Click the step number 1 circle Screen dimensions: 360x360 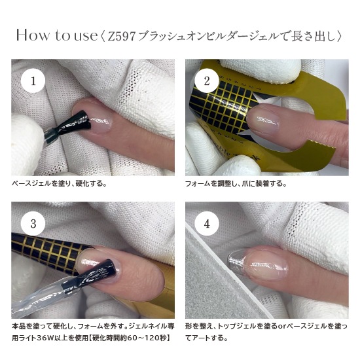pos(33,81)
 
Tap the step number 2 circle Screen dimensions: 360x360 pos(207,81)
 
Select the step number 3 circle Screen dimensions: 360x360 pos(33,223)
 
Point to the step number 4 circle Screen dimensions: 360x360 pos(207,223)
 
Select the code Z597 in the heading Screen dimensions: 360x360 pos(121,36)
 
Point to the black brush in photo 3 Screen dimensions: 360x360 pos(96,272)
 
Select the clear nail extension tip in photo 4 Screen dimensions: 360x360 pos(236,261)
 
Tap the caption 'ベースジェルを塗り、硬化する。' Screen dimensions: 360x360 pos(60,184)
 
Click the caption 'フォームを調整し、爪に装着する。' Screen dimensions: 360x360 pos(236,184)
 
